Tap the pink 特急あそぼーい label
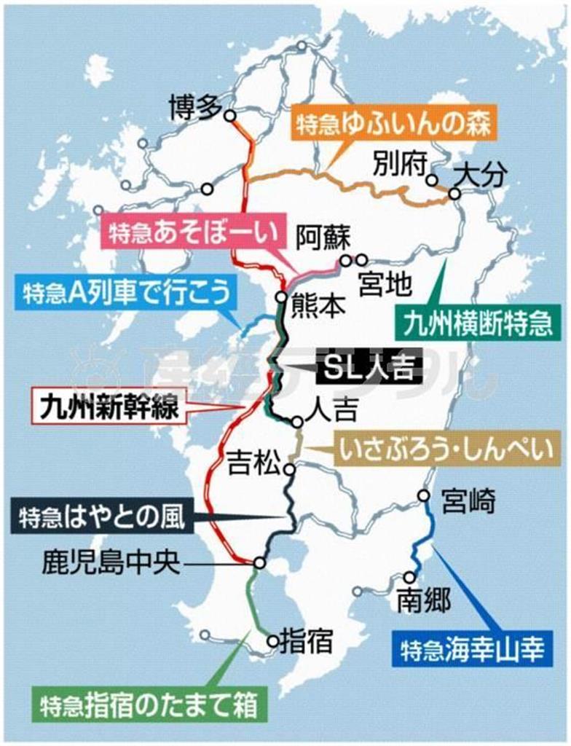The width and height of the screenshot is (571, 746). (194, 232)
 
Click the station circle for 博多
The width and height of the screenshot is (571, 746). (229, 115)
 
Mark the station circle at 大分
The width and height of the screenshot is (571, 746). (454, 194)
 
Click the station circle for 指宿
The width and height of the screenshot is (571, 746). (272, 642)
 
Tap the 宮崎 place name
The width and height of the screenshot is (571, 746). (468, 501)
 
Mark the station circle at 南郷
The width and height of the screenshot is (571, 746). (409, 577)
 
